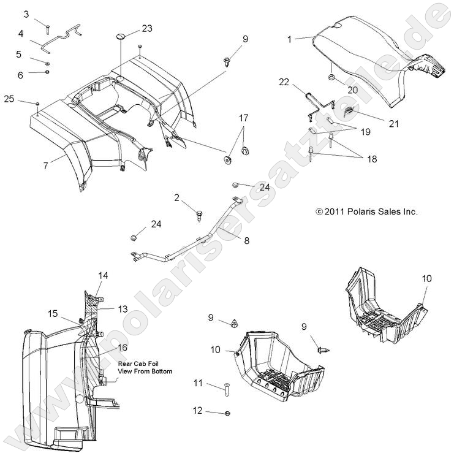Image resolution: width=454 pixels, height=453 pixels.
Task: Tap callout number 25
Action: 9,99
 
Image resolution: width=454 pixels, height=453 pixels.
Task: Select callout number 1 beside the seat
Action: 289,39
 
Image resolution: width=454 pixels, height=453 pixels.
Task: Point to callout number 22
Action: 284,82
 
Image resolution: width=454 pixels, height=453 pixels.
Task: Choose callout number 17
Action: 244,117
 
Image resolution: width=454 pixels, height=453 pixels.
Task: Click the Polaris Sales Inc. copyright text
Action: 366,211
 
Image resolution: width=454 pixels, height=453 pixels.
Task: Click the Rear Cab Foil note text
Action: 145,367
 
